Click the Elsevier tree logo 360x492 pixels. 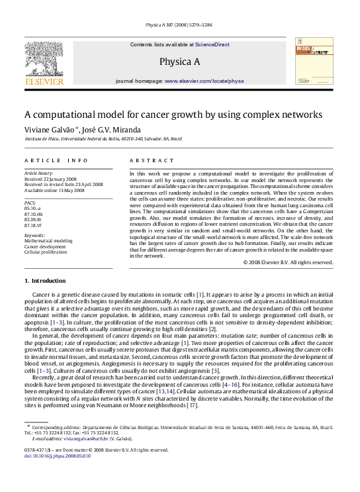[x=44, y=62]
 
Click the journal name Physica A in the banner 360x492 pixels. [x=179, y=62]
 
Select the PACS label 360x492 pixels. [x=29, y=201]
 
